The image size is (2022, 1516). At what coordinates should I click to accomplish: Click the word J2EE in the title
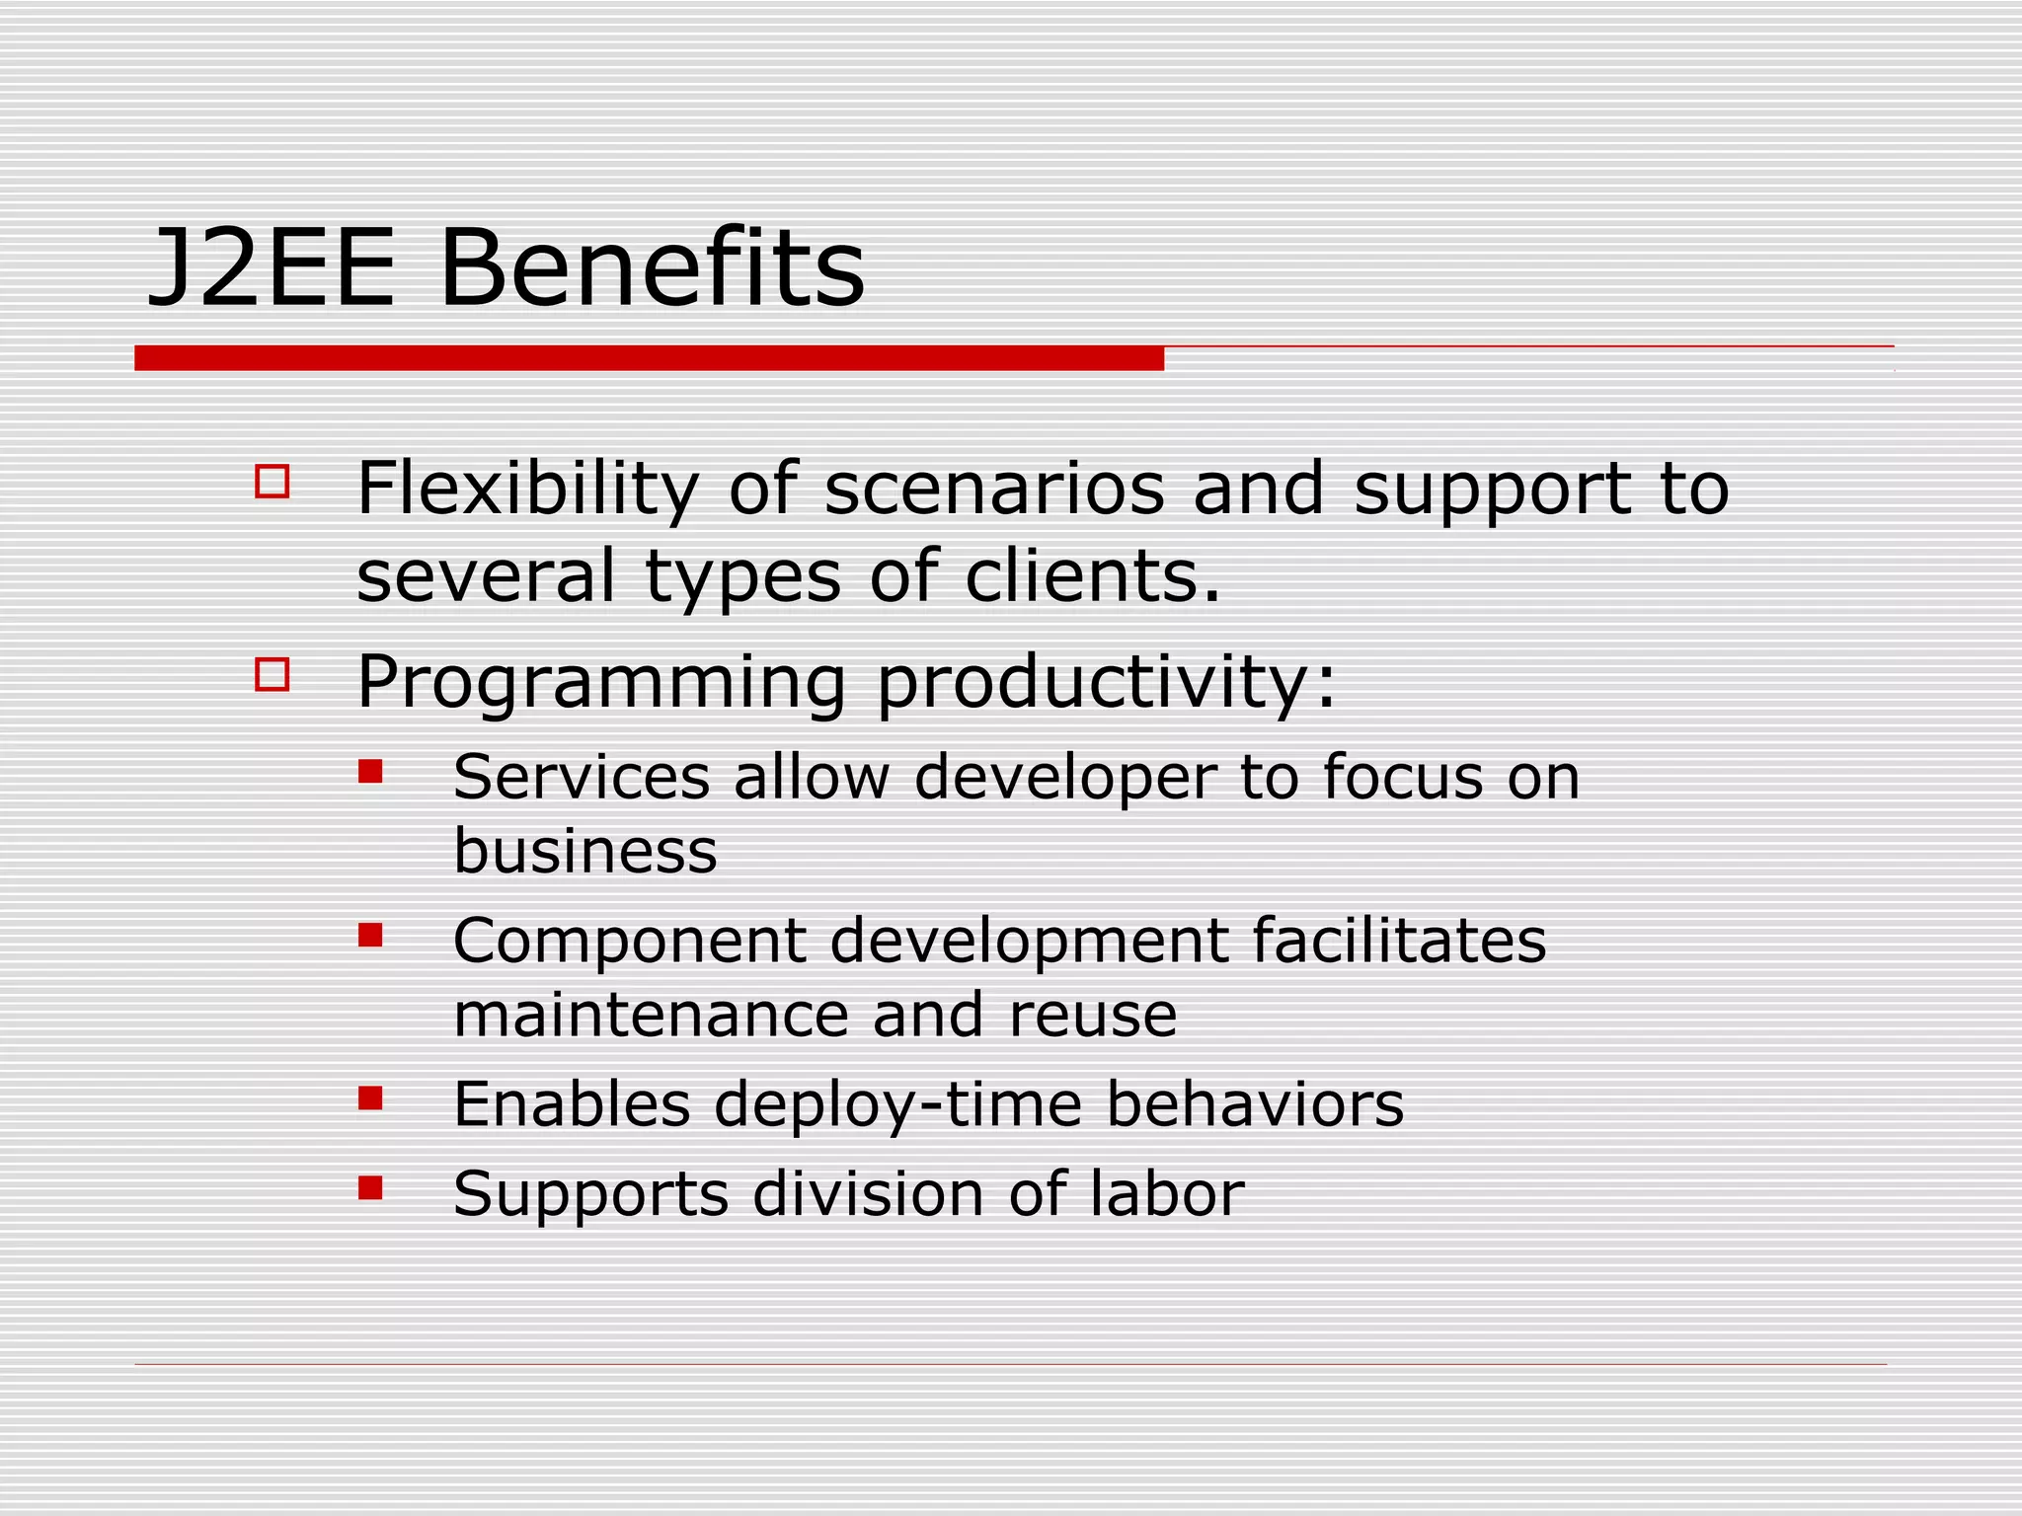271,269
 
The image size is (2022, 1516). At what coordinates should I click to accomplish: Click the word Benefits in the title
652,269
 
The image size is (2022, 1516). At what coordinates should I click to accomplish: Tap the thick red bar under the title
649,358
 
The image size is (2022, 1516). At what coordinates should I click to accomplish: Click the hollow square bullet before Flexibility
272,482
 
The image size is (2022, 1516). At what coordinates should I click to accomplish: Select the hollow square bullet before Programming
272,675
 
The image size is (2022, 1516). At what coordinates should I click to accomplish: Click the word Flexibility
527,491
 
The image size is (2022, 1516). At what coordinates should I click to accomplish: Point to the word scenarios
994,491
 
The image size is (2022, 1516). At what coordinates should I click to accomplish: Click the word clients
1092,577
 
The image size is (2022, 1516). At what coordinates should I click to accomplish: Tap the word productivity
1106,683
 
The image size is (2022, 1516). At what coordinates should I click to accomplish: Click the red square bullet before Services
370,771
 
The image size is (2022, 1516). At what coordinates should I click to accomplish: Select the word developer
1065,779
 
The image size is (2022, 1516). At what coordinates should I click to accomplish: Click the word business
585,851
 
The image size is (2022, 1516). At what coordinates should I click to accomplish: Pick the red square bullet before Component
370,935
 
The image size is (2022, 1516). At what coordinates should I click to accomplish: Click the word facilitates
1399,941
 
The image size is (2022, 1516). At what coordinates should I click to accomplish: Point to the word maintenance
651,1016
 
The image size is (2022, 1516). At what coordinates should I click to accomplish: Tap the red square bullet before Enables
370,1099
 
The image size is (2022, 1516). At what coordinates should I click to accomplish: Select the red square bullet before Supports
370,1187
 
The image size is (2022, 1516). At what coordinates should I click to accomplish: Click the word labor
1167,1194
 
